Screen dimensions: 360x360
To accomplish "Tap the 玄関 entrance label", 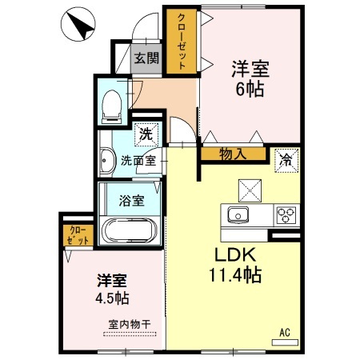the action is tap(146, 58).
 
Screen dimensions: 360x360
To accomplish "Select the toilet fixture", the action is tap(112, 107).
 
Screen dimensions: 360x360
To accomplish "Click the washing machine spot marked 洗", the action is tap(146, 134).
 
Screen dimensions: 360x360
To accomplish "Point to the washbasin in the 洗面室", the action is tap(107, 161).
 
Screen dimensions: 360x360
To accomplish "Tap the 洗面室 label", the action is tap(138, 161).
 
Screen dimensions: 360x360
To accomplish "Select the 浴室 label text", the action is tap(132, 201).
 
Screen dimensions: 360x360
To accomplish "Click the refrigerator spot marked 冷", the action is tap(286, 161).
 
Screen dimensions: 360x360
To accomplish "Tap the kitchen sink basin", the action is tap(238, 215).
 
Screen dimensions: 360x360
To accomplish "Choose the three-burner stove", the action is tap(286, 215).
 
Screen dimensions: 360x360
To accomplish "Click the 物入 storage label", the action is tap(233, 154).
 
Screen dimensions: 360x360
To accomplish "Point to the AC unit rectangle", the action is tap(285, 342).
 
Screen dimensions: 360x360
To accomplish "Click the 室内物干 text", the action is tap(130, 324).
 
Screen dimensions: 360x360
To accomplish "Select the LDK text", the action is tap(235, 255).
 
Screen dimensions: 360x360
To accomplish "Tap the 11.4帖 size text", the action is tap(235, 275).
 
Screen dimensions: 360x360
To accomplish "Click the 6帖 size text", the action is tap(250, 89).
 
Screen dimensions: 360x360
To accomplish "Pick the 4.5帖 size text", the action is tap(113, 298).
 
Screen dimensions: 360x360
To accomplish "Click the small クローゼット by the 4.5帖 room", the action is tap(78, 236).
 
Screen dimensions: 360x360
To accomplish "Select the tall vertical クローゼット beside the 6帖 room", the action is tap(182, 41).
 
